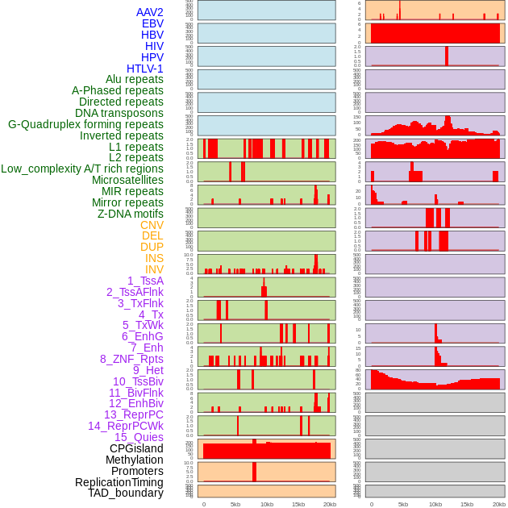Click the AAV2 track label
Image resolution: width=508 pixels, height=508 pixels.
(150, 12)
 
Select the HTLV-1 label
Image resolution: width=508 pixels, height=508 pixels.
(144, 69)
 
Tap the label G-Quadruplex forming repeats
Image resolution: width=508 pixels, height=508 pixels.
(85, 124)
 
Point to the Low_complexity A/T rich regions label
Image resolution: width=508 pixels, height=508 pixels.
(82, 169)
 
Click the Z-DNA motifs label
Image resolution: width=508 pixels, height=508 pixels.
(131, 214)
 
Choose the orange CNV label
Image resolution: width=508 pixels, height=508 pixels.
(152, 225)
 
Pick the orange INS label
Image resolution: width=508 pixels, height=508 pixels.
(154, 258)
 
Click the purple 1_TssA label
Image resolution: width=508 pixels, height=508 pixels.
(145, 281)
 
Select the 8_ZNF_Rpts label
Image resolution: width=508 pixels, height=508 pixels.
(131, 359)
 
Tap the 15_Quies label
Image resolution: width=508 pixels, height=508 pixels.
(139, 437)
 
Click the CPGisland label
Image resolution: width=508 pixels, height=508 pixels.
(136, 448)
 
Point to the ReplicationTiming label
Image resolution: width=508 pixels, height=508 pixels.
(119, 482)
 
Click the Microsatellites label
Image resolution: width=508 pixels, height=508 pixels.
(127, 180)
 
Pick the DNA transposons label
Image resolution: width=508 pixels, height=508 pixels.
(119, 113)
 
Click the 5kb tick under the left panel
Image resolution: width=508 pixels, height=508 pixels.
(235, 504)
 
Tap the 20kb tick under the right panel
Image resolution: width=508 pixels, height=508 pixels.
(499, 504)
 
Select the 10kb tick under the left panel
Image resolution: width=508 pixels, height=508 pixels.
(267, 504)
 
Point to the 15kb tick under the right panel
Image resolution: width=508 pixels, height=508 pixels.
(467, 504)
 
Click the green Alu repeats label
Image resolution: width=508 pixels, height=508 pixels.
(135, 79)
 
